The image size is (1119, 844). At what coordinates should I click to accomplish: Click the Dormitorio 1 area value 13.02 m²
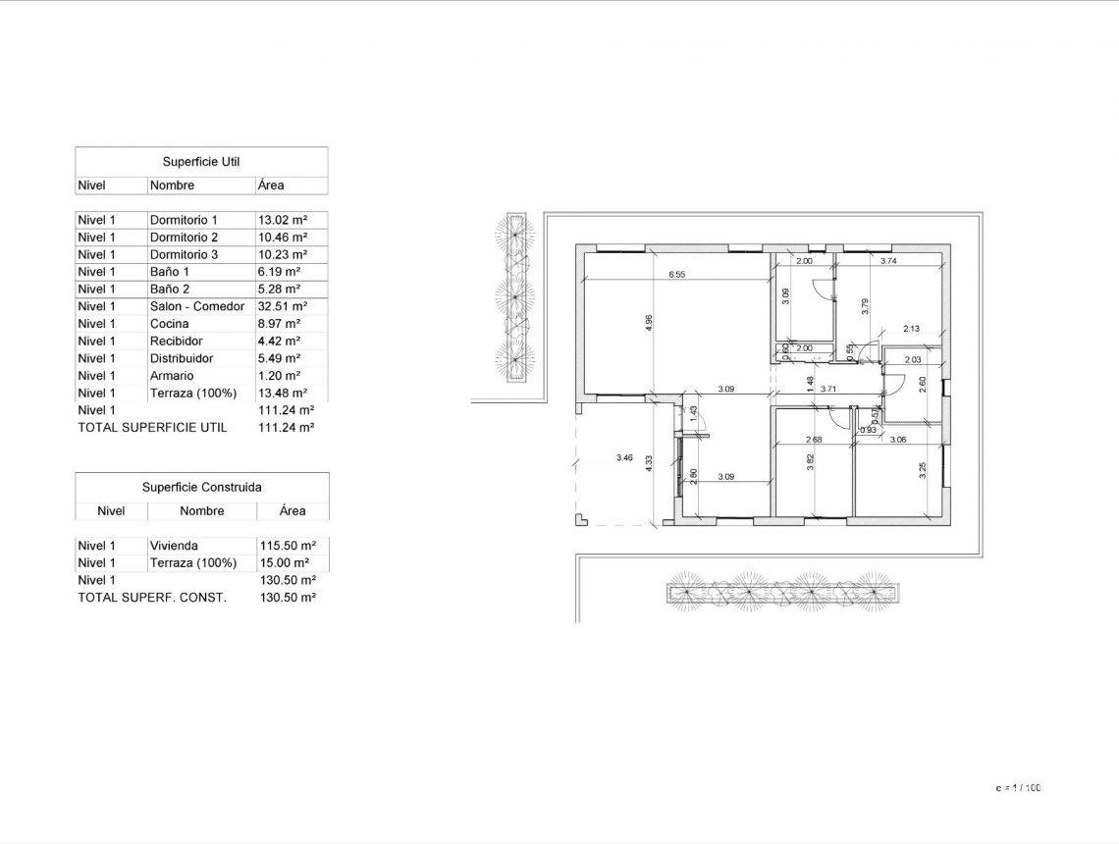pyautogui.click(x=282, y=220)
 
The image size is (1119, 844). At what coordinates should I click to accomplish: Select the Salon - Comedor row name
pyautogui.click(x=197, y=306)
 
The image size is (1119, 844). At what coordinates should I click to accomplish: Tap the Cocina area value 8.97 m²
pyautogui.click(x=279, y=324)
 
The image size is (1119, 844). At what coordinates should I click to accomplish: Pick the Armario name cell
pyautogui.click(x=172, y=376)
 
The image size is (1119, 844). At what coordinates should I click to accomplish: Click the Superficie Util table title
pyautogui.click(x=201, y=162)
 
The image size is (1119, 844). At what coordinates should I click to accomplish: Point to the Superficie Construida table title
pyautogui.click(x=201, y=487)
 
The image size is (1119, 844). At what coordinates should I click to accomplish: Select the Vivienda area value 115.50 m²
pyautogui.click(x=286, y=546)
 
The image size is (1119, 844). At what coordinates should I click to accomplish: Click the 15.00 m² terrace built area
pyautogui.click(x=283, y=563)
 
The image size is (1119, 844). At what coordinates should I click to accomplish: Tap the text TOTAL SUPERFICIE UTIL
pyautogui.click(x=152, y=428)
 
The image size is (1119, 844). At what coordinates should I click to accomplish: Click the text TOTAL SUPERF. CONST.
pyautogui.click(x=152, y=598)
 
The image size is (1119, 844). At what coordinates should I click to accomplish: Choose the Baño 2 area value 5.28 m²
pyautogui.click(x=279, y=290)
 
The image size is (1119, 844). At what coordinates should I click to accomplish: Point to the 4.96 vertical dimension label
pyautogui.click(x=649, y=323)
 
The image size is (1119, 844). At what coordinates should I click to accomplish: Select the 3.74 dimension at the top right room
pyautogui.click(x=888, y=261)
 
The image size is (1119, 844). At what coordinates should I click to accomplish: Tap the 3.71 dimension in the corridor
pyautogui.click(x=828, y=390)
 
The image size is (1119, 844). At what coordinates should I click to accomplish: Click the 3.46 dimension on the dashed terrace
pyautogui.click(x=624, y=458)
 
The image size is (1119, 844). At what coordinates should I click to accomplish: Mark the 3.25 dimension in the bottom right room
pyautogui.click(x=923, y=471)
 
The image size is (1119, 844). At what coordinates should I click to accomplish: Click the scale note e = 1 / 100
pyautogui.click(x=1018, y=788)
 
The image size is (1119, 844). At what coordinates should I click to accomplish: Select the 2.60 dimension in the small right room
pyautogui.click(x=922, y=384)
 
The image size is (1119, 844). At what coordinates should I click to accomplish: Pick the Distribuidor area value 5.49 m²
pyautogui.click(x=279, y=358)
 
